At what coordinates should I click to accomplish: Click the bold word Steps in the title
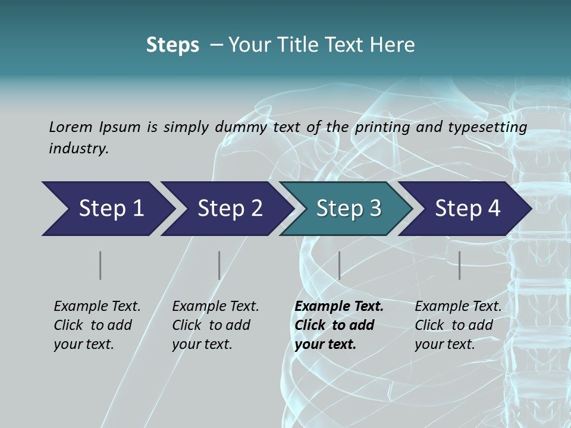click(x=172, y=45)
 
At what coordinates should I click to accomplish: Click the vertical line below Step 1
click(x=100, y=265)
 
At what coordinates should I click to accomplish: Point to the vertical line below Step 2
click(x=219, y=265)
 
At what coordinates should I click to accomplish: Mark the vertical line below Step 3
click(x=339, y=265)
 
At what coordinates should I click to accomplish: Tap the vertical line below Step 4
click(x=459, y=265)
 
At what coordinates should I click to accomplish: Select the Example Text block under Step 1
click(x=97, y=325)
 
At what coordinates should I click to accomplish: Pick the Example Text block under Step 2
click(x=215, y=325)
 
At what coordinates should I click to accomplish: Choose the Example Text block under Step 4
click(x=458, y=325)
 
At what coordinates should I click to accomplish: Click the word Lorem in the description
click(x=71, y=127)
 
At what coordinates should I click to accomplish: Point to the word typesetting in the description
click(x=493, y=127)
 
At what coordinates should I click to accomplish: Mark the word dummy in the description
click(x=241, y=127)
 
